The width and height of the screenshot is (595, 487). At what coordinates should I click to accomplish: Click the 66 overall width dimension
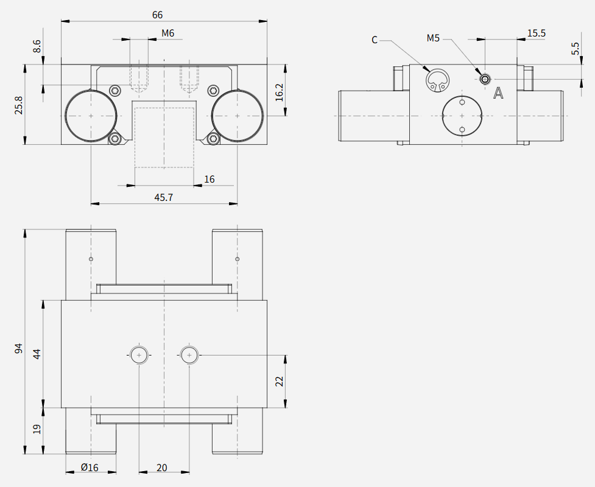(158, 15)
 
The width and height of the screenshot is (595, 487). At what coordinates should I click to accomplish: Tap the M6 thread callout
(167, 33)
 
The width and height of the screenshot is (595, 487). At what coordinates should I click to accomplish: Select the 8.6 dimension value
(37, 46)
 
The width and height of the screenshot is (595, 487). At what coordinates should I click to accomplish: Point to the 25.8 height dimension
(19, 105)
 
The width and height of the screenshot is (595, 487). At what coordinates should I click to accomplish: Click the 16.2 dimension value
(280, 92)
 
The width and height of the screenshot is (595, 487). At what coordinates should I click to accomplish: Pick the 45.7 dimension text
(164, 198)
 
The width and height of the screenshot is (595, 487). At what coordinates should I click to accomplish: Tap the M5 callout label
(433, 38)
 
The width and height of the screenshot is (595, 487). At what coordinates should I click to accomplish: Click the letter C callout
(375, 40)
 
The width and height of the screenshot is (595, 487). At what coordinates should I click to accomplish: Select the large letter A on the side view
(498, 93)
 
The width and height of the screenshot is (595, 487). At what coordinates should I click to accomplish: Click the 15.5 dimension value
(536, 33)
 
